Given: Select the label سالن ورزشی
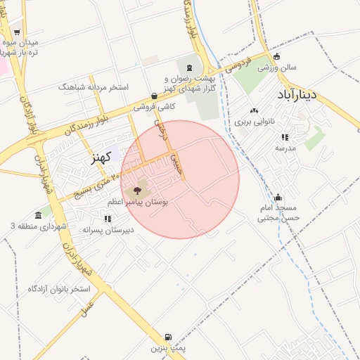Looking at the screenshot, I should [x=277, y=68].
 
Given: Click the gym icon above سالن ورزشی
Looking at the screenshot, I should [x=277, y=57].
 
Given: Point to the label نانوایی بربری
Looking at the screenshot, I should [x=254, y=121].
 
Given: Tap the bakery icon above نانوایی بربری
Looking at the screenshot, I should [x=254, y=110].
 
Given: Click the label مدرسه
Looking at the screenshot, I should [x=284, y=148].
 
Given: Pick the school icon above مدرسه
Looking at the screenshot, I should [x=284, y=138].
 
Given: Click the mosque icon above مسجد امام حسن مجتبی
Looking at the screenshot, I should [x=278, y=198].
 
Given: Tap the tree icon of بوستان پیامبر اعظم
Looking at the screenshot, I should [x=136, y=191].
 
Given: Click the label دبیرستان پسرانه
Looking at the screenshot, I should [x=108, y=230].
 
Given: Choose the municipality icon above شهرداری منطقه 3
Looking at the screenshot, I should [x=37, y=215].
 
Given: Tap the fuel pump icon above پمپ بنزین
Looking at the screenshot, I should [x=156, y=337].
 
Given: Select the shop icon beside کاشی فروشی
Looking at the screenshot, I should [x=155, y=96].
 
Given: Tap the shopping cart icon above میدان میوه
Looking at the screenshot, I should [x=16, y=32].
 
